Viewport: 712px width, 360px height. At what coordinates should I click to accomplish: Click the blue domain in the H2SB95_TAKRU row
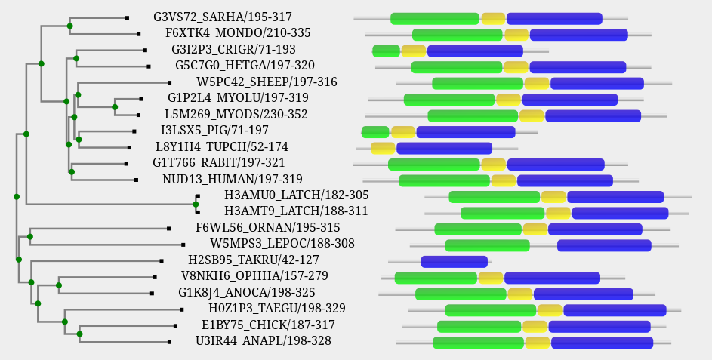454,262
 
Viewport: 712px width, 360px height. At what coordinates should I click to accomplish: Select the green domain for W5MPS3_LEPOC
487,245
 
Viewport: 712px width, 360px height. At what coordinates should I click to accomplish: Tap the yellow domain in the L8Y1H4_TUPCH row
383,148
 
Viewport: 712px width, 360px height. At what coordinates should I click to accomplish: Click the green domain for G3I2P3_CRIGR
386,51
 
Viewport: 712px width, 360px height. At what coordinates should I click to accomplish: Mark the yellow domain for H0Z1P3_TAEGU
550,310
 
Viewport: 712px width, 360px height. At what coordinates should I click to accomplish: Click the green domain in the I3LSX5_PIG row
374,132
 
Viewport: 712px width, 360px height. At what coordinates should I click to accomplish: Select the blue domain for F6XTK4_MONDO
578,35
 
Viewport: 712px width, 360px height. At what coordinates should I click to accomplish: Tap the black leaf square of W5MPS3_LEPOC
183,245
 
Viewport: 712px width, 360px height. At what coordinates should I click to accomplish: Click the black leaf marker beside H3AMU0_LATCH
198,195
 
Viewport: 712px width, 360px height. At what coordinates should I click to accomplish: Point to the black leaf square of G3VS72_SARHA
127,17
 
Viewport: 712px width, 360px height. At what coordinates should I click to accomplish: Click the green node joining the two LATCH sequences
196,204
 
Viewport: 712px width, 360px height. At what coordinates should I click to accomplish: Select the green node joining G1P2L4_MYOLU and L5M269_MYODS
115,107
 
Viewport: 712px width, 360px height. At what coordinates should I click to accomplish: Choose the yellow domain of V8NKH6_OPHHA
490,278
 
